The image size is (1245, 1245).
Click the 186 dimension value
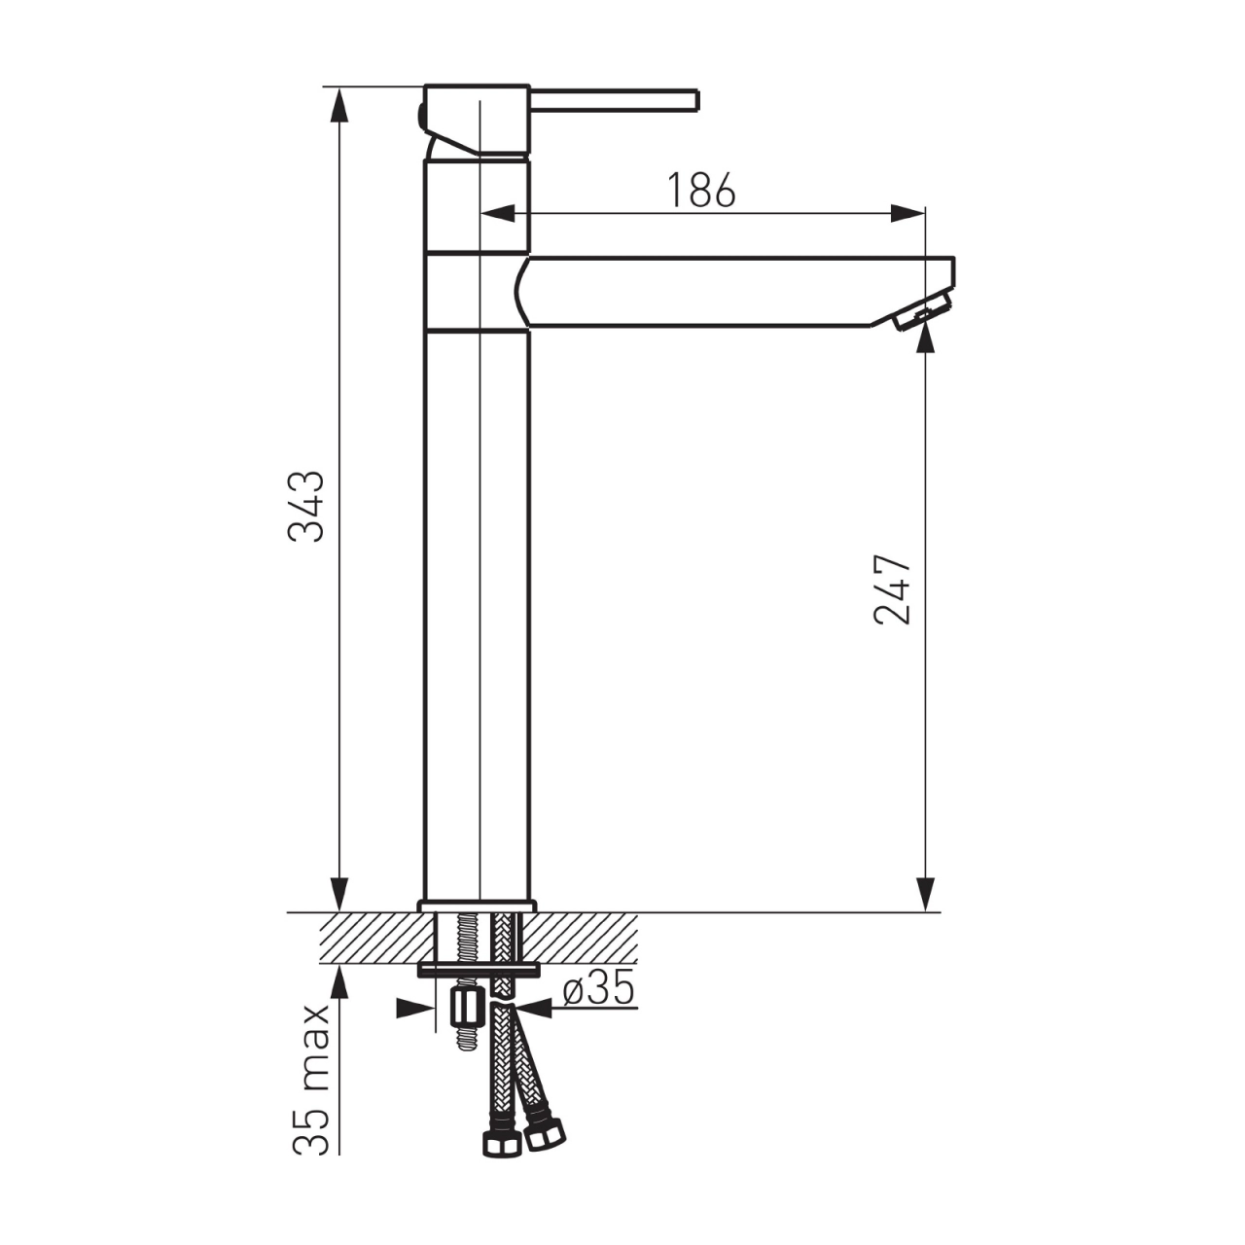click(x=701, y=190)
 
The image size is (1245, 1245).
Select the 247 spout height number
click(x=892, y=589)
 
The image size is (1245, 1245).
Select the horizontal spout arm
click(x=736, y=292)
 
